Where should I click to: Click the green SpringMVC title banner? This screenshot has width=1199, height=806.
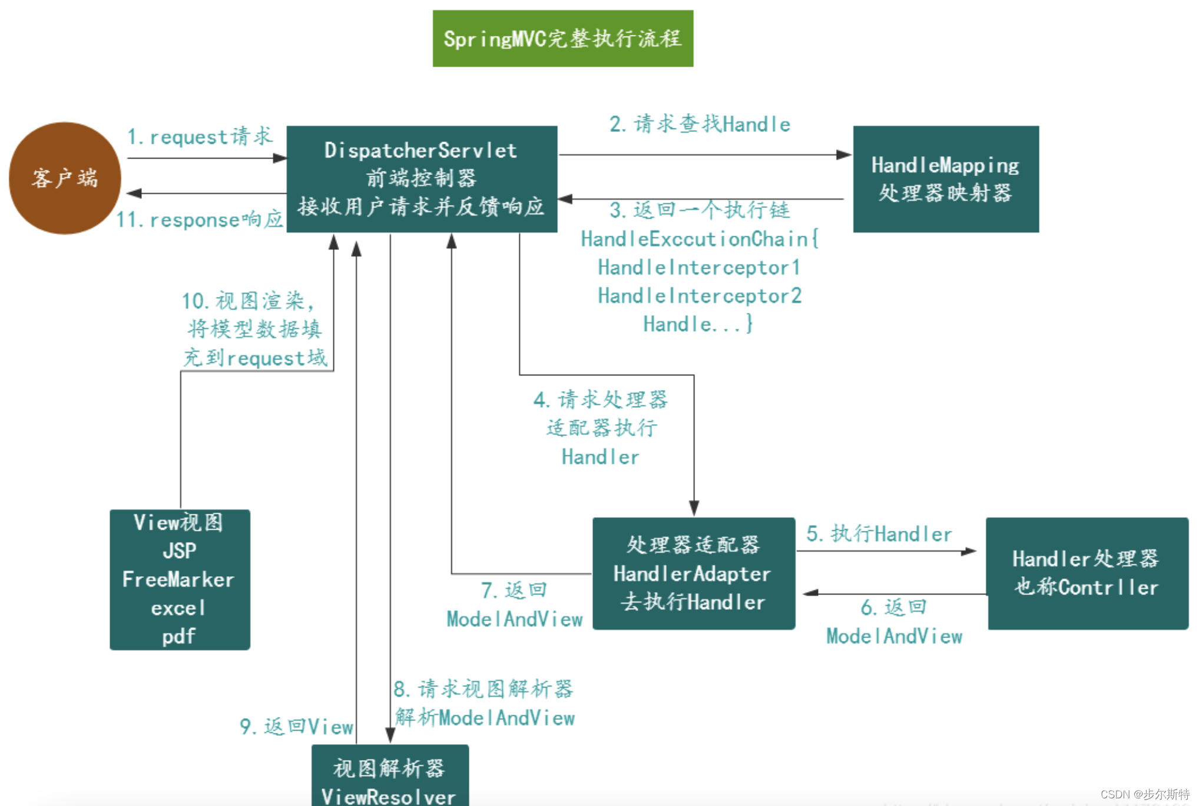pyautogui.click(x=562, y=38)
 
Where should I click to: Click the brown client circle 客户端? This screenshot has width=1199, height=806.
pyautogui.click(x=65, y=178)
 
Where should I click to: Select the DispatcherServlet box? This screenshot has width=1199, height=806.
pyautogui.click(x=422, y=179)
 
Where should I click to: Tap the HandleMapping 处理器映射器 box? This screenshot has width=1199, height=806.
pyautogui.click(x=945, y=179)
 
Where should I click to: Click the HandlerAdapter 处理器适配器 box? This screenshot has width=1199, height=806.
pyautogui.click(x=693, y=573)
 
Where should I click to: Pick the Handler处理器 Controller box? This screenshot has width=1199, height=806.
pyautogui.click(x=1087, y=573)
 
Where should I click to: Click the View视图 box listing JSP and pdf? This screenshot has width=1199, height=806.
pyautogui.click(x=180, y=580)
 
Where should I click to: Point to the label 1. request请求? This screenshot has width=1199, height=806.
pyautogui.click(x=200, y=137)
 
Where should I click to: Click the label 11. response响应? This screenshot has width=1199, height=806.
pyautogui.click(x=199, y=220)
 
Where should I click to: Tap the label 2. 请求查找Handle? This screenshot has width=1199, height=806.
pyautogui.click(x=700, y=124)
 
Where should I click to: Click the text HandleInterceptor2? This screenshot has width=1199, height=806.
pyautogui.click(x=700, y=296)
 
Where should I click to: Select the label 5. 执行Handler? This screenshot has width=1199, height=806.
pyautogui.click(x=879, y=534)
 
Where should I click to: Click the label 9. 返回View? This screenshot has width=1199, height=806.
pyautogui.click(x=296, y=726)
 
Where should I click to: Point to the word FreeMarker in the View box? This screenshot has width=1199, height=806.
pyautogui.click(x=178, y=580)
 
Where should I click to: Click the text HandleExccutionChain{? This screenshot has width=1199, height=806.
pyautogui.click(x=700, y=239)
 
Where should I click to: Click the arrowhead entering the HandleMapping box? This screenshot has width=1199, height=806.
pyautogui.click(x=844, y=155)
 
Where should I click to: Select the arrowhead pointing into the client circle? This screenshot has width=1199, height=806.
pyautogui.click(x=134, y=193)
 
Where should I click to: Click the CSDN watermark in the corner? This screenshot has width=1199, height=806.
pyautogui.click(x=1144, y=794)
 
